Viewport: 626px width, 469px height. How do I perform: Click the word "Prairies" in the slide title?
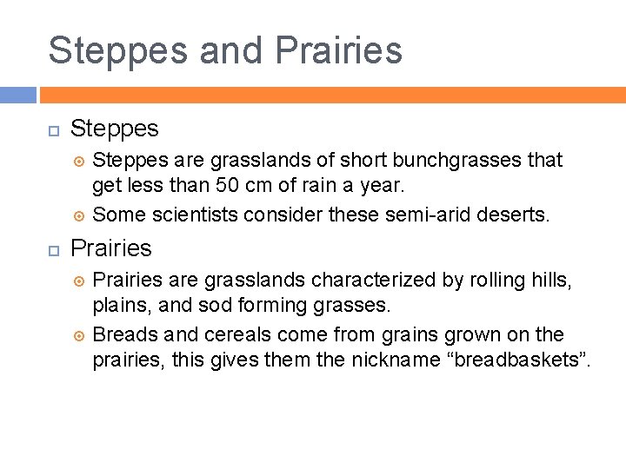pyautogui.click(x=338, y=50)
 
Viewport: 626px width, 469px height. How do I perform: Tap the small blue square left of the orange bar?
pyautogui.click(x=17, y=95)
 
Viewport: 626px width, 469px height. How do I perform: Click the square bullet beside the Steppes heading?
pyautogui.click(x=52, y=129)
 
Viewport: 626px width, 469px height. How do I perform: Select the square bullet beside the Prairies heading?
pyautogui.click(x=52, y=249)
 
